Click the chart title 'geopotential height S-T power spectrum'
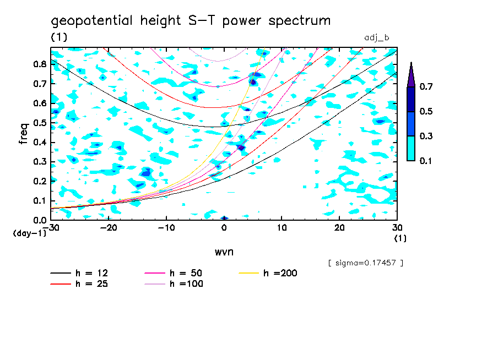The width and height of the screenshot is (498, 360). [x=191, y=21]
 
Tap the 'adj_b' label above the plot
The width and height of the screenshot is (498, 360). [x=377, y=38]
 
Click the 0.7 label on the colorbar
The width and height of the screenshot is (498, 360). [x=425, y=86]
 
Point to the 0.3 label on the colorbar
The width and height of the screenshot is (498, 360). [x=425, y=136]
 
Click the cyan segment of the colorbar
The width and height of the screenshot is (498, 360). [x=411, y=148]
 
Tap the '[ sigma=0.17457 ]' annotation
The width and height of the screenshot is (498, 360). [x=365, y=263]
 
